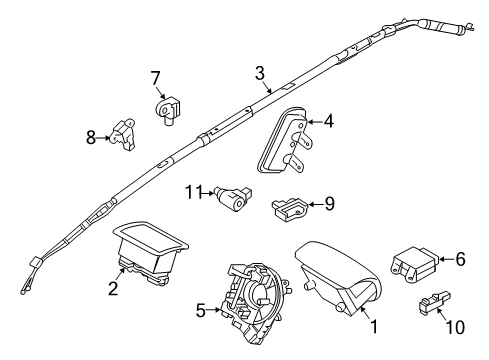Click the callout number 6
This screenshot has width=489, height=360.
tap(461, 258)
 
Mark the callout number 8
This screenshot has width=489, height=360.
tap(90, 138)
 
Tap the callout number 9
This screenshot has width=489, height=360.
tap(329, 203)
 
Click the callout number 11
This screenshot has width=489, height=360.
tap(190, 190)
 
